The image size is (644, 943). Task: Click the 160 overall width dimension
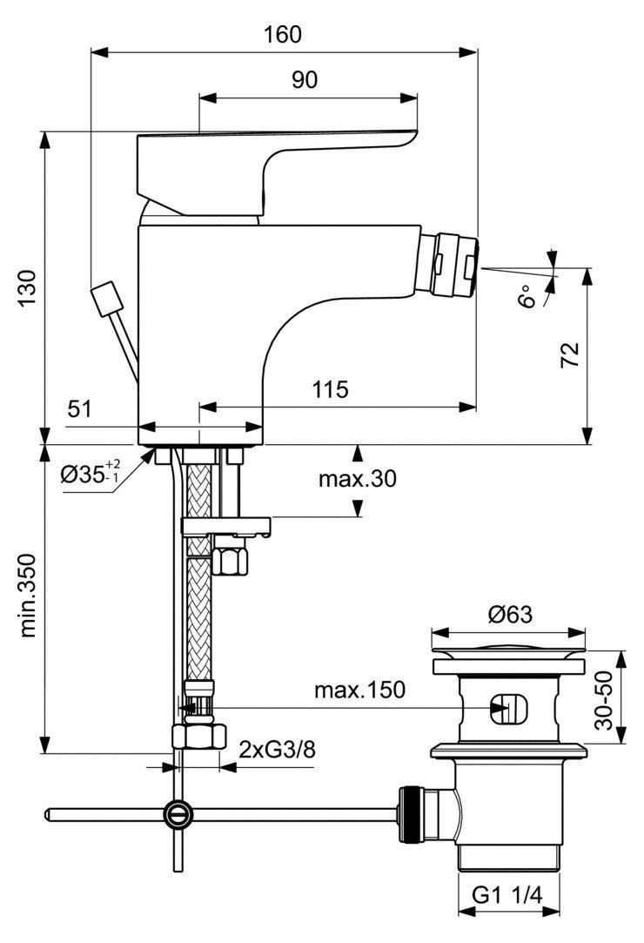[283, 34]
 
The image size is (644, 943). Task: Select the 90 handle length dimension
[305, 79]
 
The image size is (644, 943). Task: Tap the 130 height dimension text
[27, 289]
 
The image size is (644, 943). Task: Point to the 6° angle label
[527, 296]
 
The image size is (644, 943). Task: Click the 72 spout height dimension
[569, 355]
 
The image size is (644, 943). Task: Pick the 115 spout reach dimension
[330, 390]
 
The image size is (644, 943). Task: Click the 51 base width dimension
[79, 409]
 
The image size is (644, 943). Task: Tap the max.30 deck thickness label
[357, 479]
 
